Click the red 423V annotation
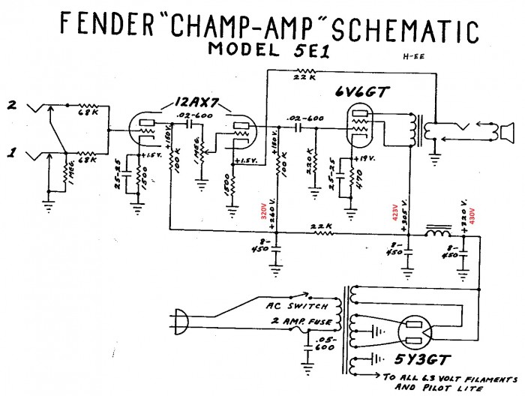coord(397,211)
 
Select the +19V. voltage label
coord(364,158)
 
